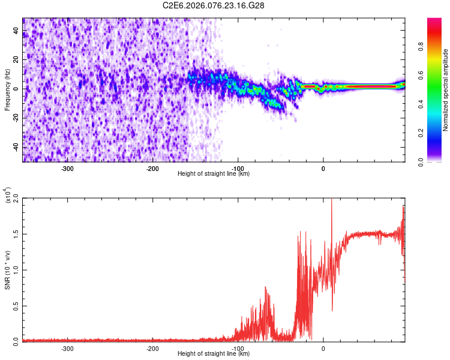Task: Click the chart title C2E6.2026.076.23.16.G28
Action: (214, 5)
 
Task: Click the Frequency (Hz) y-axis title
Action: (7, 89)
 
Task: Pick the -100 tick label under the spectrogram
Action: (238, 168)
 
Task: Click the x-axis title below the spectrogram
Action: (214, 174)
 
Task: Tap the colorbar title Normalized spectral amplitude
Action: (446, 90)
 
